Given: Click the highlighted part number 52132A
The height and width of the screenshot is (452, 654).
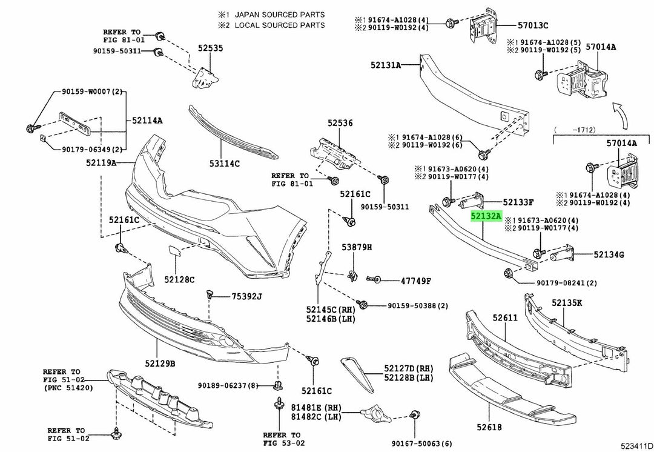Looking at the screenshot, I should click(487, 216).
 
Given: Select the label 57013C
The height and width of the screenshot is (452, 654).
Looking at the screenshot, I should click(533, 25).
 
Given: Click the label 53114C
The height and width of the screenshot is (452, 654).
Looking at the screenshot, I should click(225, 163).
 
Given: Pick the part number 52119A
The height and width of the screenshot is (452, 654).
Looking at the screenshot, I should click(101, 163).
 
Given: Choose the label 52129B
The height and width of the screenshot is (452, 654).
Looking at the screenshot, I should click(160, 364).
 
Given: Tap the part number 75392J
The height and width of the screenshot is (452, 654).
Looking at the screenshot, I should click(246, 296).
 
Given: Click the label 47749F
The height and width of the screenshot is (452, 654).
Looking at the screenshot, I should click(415, 281).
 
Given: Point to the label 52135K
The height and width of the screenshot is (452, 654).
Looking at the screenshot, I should click(567, 302).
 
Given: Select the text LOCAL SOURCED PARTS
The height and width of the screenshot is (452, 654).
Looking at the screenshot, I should click(279, 25).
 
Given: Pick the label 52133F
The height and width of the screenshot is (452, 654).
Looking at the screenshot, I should click(518, 202).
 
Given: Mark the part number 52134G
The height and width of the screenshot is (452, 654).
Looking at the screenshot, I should click(609, 254).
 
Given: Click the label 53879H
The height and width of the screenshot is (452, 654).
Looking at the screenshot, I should click(357, 247).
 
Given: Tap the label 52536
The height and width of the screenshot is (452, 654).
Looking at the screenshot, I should click(340, 122).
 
